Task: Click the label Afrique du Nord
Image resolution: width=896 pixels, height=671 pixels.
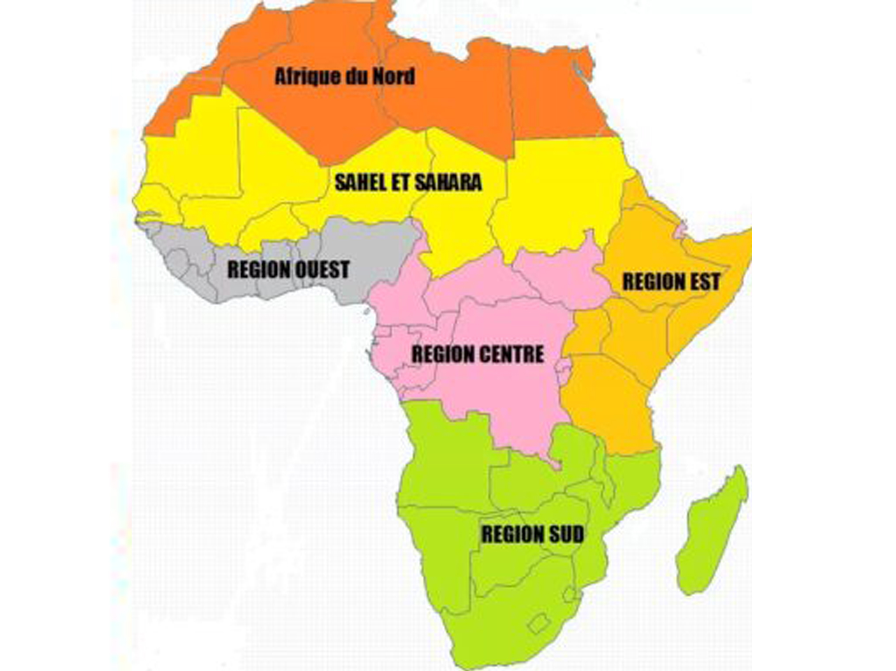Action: pyautogui.click(x=344, y=77)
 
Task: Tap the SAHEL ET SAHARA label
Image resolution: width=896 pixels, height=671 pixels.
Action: pyautogui.click(x=408, y=182)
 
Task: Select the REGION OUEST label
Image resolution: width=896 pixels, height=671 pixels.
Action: pyautogui.click(x=288, y=270)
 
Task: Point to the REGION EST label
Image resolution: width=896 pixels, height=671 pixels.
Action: pyautogui.click(x=671, y=282)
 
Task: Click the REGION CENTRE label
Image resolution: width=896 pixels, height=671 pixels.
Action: pyautogui.click(x=477, y=355)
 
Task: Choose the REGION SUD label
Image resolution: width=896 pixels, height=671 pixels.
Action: pyautogui.click(x=532, y=535)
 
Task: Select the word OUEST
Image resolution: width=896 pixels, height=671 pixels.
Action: pyautogui.click(x=322, y=270)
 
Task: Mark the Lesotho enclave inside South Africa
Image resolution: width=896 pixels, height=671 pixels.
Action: pyautogui.click(x=539, y=623)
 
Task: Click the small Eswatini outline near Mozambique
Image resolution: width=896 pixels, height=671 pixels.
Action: pyautogui.click(x=569, y=594)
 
